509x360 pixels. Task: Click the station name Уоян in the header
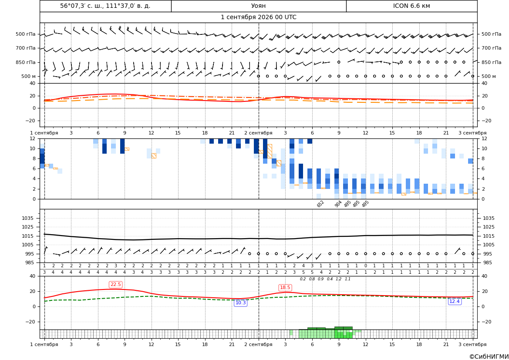(x=258, y=6)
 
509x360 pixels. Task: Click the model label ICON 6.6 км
(x=411, y=6)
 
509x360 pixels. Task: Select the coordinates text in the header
(x=105, y=6)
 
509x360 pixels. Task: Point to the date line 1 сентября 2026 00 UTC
(x=258, y=17)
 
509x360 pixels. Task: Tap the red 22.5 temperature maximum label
(x=115, y=285)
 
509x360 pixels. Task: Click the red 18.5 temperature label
(x=285, y=288)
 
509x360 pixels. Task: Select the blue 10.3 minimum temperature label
(x=240, y=303)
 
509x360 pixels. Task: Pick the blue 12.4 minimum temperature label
(x=454, y=302)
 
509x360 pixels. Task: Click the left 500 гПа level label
(x=26, y=34)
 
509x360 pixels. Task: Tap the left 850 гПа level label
(x=26, y=62)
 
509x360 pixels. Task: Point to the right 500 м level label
(x=489, y=76)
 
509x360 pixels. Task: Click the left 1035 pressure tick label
(x=30, y=218)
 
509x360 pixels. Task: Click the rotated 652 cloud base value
(x=320, y=204)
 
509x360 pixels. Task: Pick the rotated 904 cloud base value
(x=338, y=204)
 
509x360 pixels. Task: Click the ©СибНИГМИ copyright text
(x=489, y=357)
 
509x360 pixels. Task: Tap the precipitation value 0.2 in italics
(x=303, y=279)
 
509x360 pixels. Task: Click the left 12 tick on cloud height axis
(x=33, y=138)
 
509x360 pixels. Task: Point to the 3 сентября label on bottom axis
(x=472, y=344)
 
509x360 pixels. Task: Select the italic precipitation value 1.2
(x=339, y=279)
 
